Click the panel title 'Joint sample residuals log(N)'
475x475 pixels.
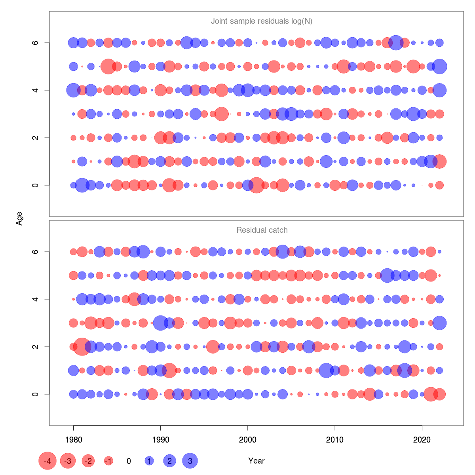(x=262, y=21)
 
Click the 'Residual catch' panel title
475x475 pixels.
(x=262, y=230)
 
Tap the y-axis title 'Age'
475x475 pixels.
(x=19, y=218)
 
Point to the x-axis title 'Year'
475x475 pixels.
(x=256, y=461)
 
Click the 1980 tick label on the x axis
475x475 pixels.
(x=73, y=439)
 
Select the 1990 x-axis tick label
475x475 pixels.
(x=160, y=439)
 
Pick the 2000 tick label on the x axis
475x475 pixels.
(x=248, y=439)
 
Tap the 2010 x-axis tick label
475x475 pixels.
(x=335, y=439)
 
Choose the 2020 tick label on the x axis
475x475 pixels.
(x=422, y=439)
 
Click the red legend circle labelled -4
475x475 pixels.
(x=47, y=461)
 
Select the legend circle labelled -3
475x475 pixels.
(x=68, y=461)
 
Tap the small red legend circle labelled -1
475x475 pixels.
(x=108, y=461)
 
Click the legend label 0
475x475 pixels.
(x=129, y=461)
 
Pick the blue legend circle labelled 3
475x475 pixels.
(x=190, y=461)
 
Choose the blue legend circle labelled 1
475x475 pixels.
(x=149, y=461)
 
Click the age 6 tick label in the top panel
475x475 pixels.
(x=35, y=43)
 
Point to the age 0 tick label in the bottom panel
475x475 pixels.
(x=35, y=394)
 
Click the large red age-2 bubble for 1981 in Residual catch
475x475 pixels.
(x=82, y=347)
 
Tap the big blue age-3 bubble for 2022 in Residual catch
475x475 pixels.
(x=439, y=323)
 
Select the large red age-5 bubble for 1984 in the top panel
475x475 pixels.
(x=108, y=66)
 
